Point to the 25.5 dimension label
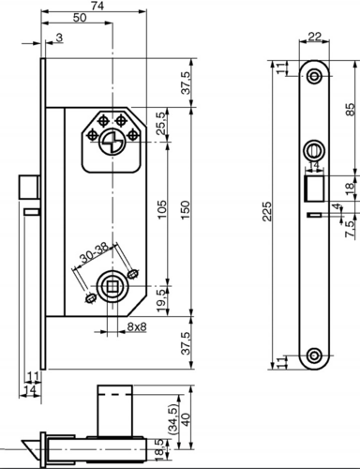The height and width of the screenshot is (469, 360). coord(160,122)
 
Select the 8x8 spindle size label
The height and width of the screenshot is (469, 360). coord(136,327)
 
